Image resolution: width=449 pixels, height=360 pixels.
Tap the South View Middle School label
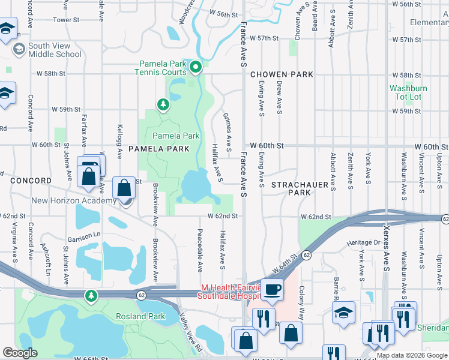coord(54,50)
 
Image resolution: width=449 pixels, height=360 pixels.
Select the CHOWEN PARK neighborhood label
coord(282,74)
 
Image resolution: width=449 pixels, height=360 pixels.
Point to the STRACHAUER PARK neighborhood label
coord(291,188)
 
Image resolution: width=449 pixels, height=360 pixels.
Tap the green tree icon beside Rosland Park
coord(91,295)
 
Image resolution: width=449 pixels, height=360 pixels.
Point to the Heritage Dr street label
coord(364,242)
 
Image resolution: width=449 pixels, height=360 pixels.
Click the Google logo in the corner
coord(20,353)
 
